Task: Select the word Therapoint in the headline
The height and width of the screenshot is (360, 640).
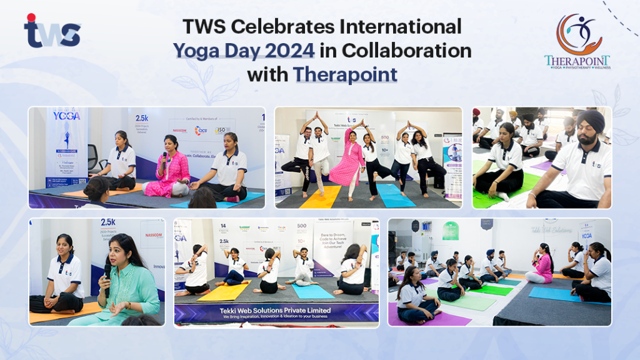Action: click(345, 74)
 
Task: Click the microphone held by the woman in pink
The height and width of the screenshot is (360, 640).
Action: click(165, 157)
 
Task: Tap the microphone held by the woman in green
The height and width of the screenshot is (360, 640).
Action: click(107, 275)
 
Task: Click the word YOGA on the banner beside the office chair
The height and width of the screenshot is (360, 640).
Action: click(66, 116)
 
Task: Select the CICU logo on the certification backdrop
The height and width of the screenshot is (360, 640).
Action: click(201, 131)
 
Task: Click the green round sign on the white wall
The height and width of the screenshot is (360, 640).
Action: click(451, 230)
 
